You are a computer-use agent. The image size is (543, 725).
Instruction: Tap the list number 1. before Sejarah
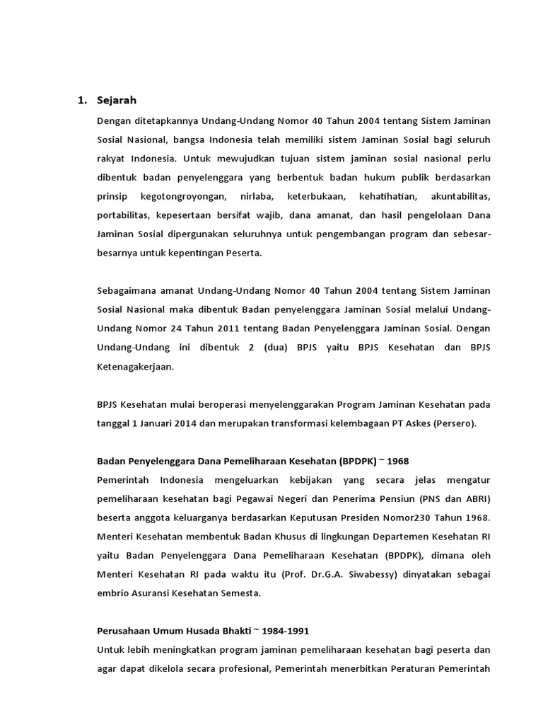pyautogui.click(x=81, y=101)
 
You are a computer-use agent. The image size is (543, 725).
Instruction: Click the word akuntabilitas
pyautogui.click(x=459, y=195)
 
